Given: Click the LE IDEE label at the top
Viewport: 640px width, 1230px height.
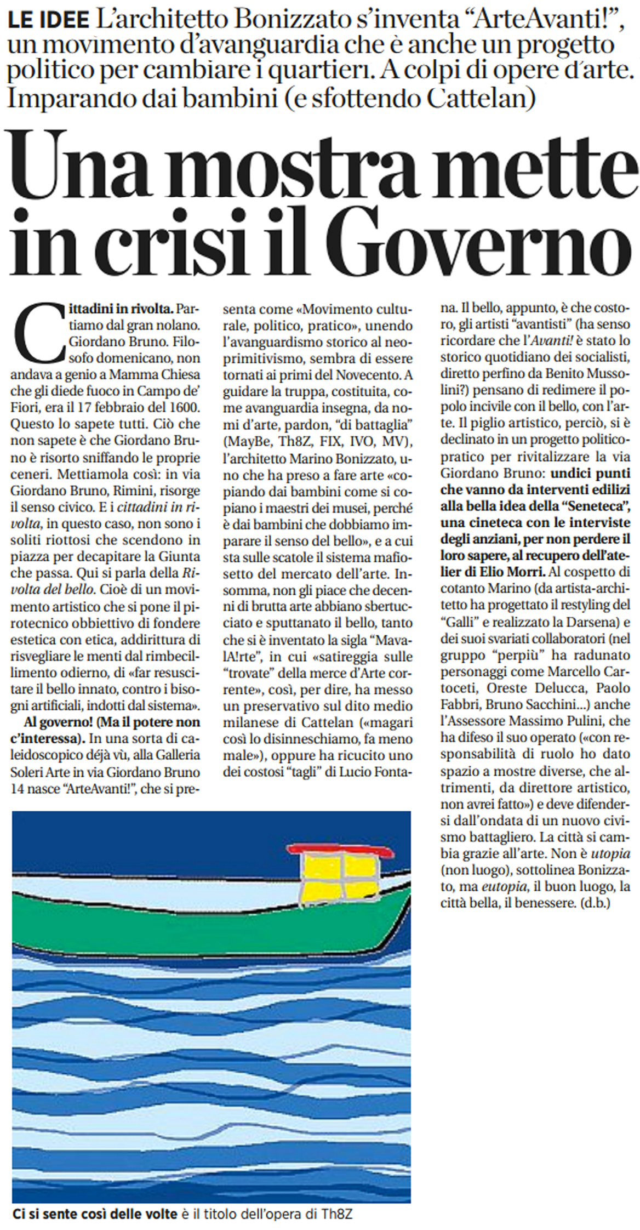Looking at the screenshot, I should (x=49, y=20).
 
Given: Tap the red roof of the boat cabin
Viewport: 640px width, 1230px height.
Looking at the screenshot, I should (x=340, y=849).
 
